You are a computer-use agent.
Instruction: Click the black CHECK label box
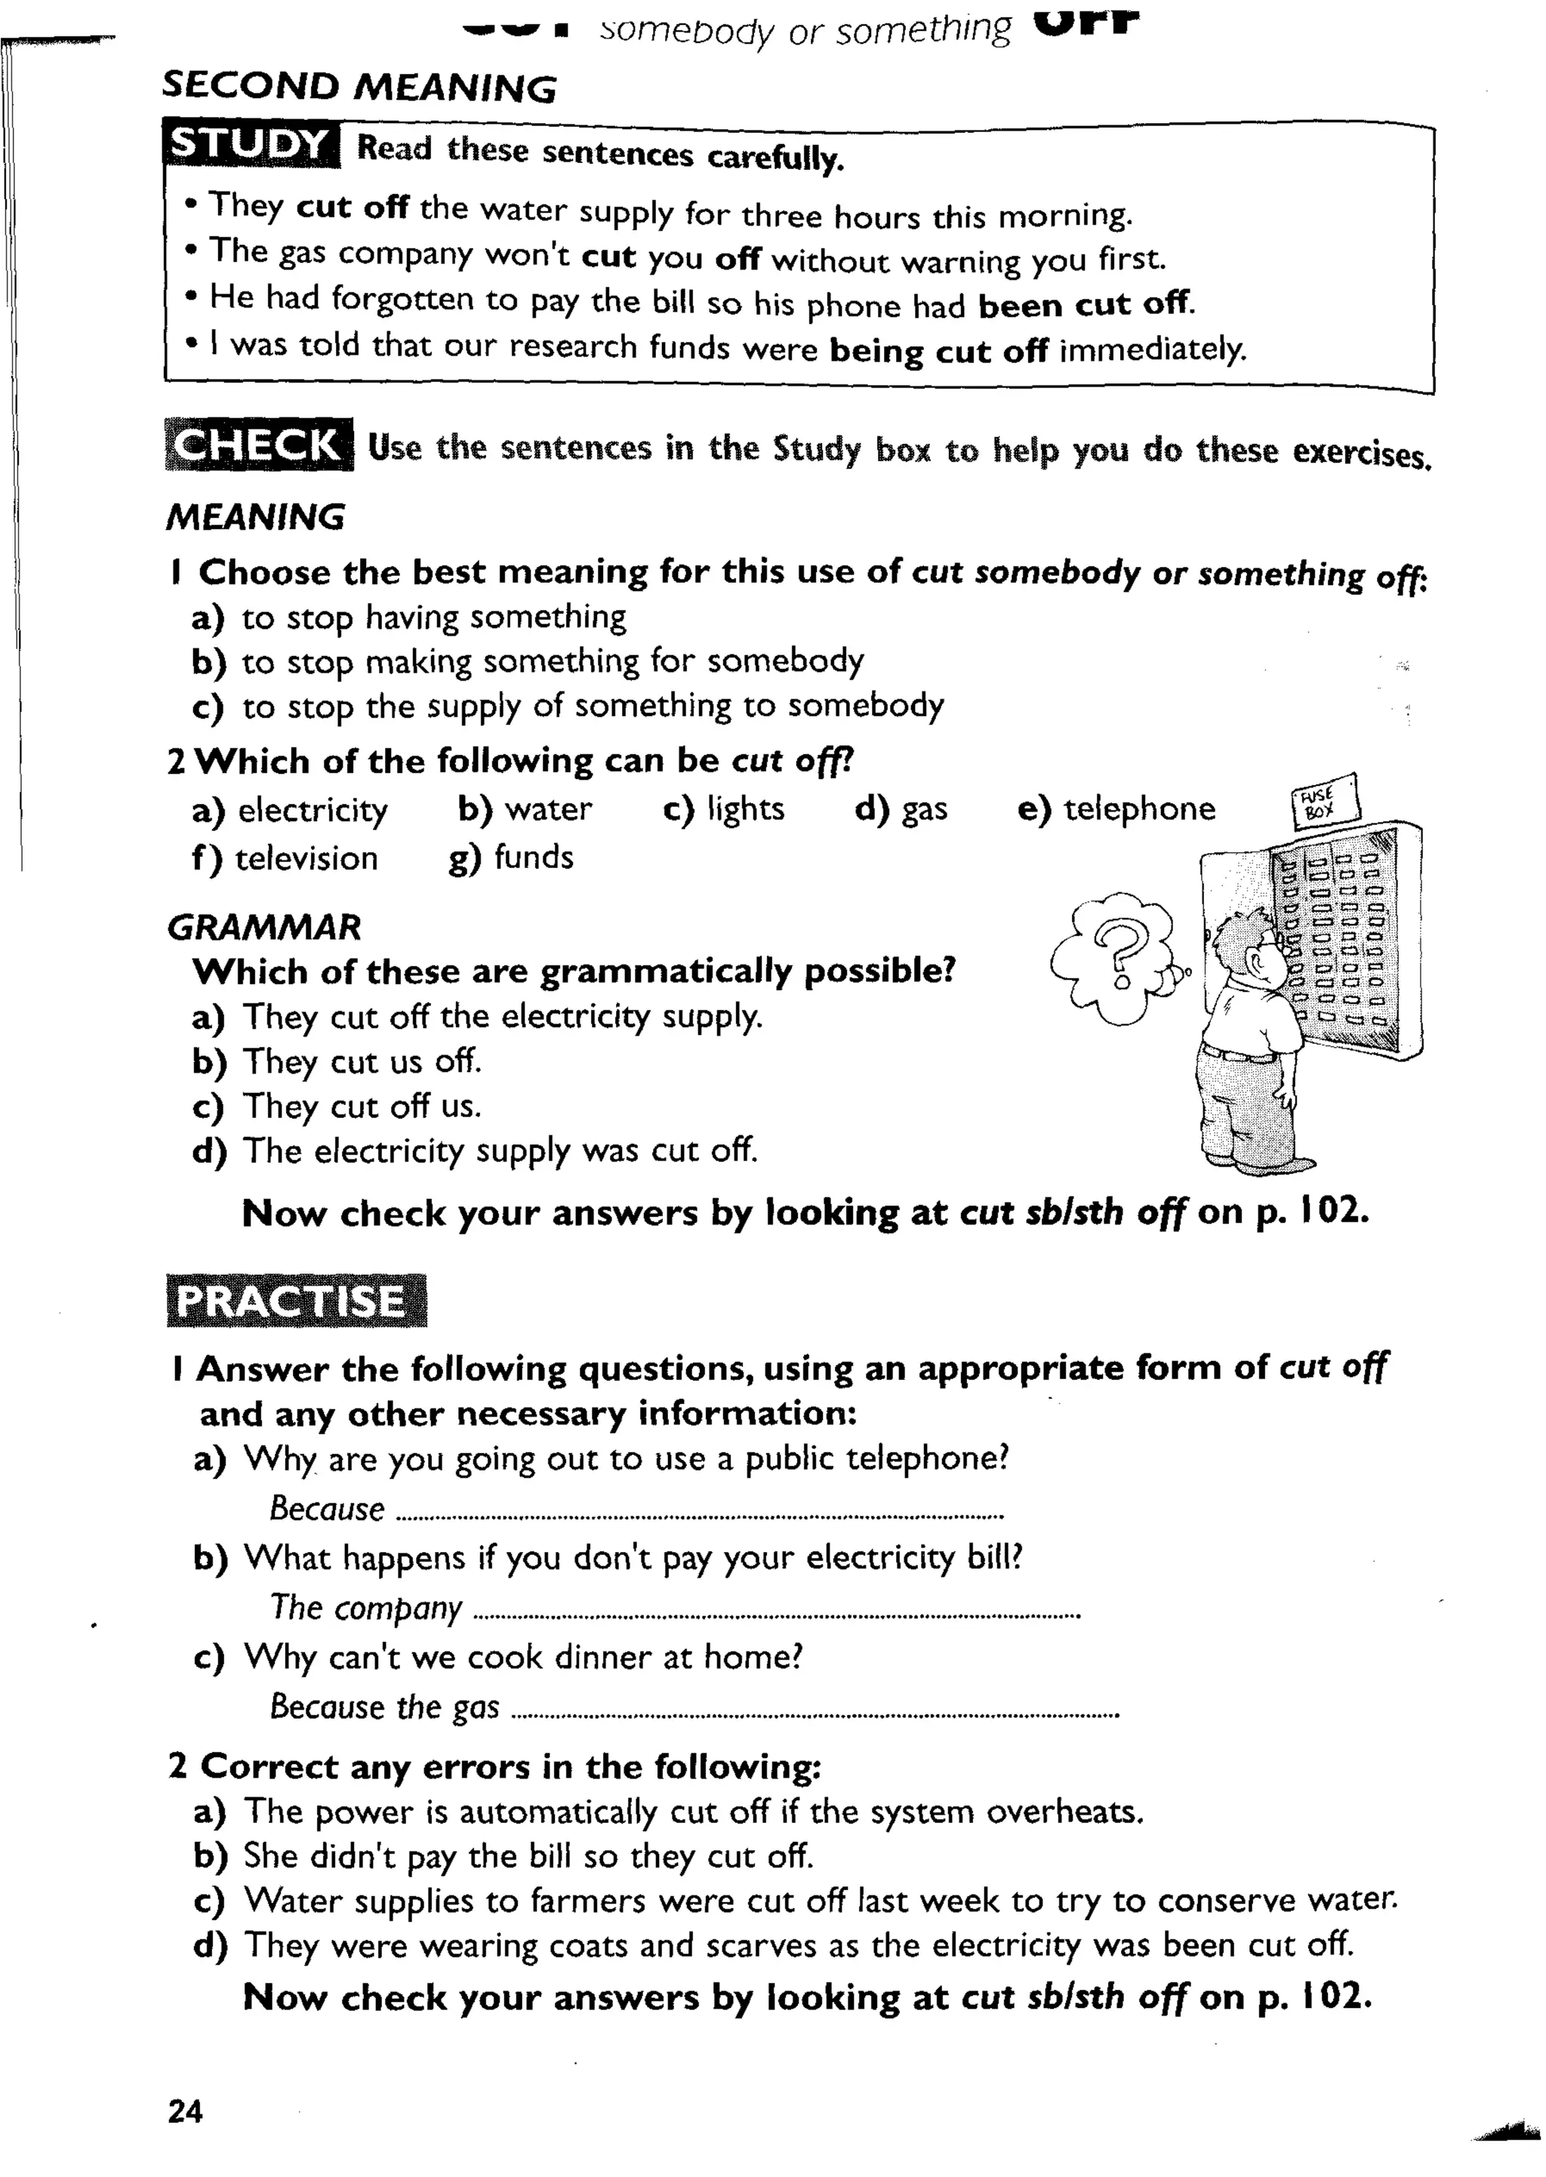258,445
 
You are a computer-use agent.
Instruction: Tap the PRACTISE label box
295,1301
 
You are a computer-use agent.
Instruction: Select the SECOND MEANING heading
359,87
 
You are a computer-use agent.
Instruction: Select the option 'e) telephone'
1116,809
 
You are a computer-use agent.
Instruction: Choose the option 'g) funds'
511,858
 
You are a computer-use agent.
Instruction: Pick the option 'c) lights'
723,809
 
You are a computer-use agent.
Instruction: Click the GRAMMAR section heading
263,927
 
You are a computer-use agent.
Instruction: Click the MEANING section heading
255,517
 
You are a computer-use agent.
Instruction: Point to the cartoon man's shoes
1257,1164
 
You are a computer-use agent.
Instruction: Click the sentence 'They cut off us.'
362,1106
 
